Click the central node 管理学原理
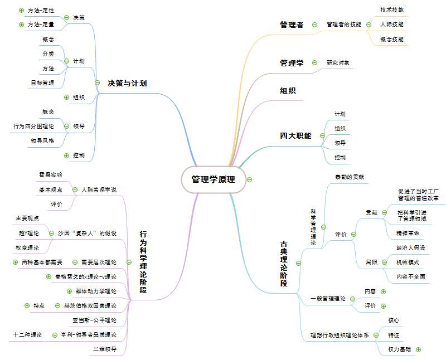214,179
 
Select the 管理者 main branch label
292,25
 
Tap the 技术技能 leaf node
392,10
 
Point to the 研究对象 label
338,63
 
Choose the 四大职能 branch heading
295,135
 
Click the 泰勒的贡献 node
349,177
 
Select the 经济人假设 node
410,247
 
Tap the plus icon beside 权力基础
418,349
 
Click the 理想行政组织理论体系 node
340,335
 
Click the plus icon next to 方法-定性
21,10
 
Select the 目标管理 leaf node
42,83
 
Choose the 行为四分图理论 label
34,127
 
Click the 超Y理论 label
29,232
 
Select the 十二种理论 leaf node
28,335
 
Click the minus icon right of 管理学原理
249,179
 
